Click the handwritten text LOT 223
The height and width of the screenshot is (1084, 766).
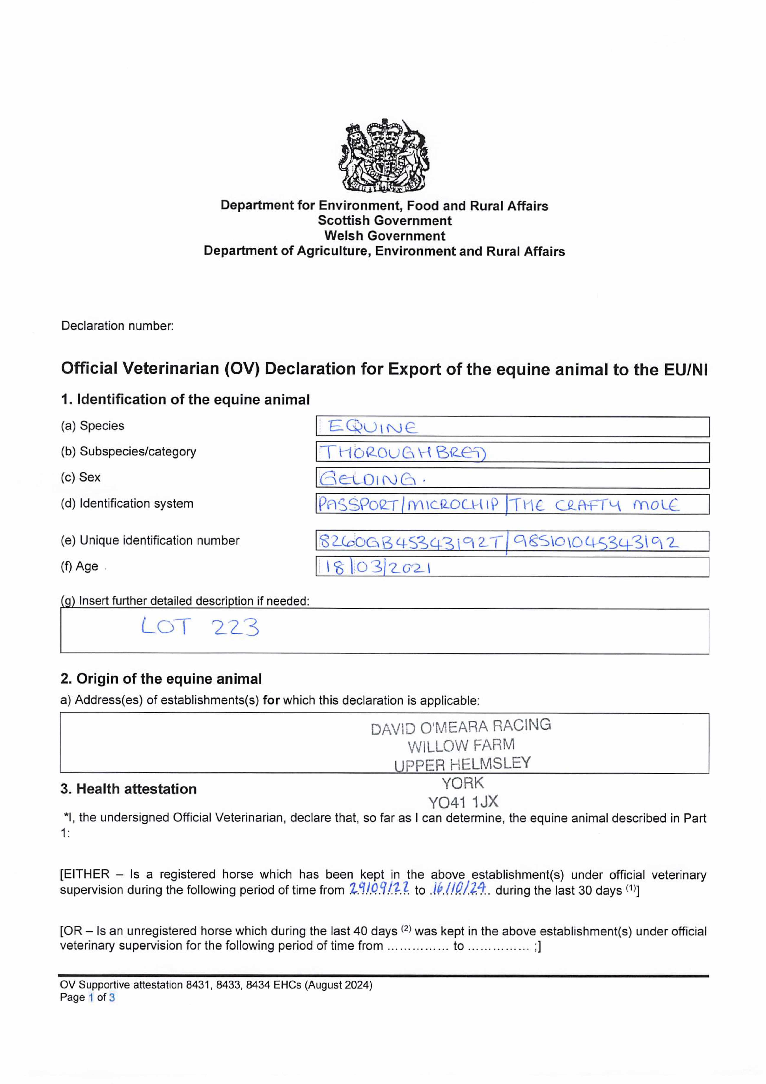[200, 627]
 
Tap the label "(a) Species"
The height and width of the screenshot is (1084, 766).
[93, 426]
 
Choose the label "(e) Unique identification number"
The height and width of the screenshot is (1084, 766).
[150, 540]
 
